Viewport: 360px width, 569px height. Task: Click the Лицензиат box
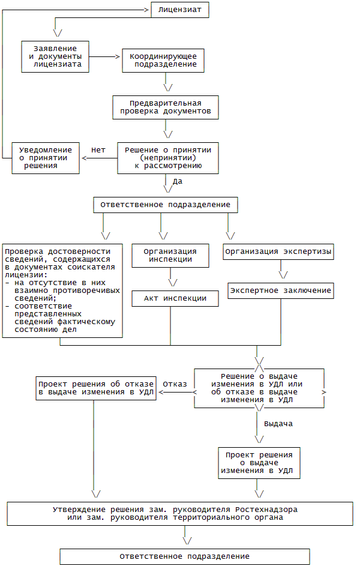pos(179,10)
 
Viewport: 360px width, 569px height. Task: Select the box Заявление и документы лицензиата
pos(55,57)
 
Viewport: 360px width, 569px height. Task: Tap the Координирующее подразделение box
pos(164,60)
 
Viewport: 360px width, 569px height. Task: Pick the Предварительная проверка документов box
pos(165,107)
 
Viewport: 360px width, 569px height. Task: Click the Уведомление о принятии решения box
pos(46,158)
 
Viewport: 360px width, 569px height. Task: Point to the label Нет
pos(98,149)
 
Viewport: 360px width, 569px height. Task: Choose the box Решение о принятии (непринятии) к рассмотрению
pos(167,158)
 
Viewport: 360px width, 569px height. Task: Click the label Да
pos(178,181)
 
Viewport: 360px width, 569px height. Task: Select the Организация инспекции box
pos(170,255)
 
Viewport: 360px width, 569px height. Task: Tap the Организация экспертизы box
pos(278,251)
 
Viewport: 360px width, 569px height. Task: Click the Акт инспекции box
pos(175,298)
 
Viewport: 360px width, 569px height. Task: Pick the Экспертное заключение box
pos(280,291)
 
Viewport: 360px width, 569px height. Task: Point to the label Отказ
pos(175,384)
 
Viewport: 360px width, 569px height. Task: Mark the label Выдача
pos(278,424)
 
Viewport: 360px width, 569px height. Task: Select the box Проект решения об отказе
pos(96,388)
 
